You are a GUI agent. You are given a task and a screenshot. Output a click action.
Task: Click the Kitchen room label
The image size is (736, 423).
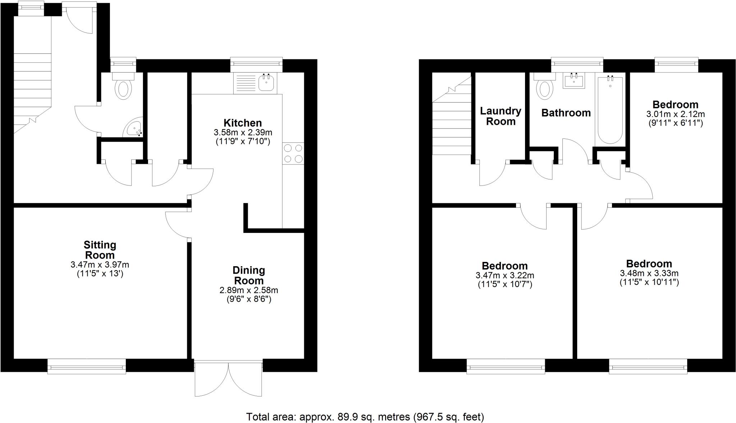point(243,123)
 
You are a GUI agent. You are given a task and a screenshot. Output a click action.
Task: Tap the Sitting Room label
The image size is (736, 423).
point(100,250)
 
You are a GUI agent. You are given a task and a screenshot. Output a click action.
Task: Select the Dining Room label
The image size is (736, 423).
point(249,275)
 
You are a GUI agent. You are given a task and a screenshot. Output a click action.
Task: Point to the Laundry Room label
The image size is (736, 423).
point(501,116)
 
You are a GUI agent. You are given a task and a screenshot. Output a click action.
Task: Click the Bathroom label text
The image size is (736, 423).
point(566,113)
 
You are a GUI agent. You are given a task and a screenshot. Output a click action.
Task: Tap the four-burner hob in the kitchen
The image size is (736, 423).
point(293,153)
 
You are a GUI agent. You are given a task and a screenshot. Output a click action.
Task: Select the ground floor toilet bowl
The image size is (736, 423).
point(123,89)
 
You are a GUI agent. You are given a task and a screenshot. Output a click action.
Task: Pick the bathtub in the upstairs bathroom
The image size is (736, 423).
point(610,109)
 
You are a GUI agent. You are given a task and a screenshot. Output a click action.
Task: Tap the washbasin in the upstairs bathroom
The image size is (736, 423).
point(574,80)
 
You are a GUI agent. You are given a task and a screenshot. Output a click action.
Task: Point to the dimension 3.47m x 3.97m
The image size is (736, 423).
point(100,265)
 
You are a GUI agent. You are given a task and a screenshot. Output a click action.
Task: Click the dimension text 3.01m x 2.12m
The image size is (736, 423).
point(675,114)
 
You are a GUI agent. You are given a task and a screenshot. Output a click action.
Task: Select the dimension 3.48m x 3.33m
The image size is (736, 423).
point(649,273)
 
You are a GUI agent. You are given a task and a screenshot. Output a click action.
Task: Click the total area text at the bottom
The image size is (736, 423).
point(365,417)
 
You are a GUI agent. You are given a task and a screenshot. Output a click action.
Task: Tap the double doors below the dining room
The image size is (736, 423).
point(228,379)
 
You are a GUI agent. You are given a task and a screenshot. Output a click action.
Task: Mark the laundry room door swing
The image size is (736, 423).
point(492,174)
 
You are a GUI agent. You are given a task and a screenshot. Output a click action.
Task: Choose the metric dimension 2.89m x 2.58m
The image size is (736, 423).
point(249,290)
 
